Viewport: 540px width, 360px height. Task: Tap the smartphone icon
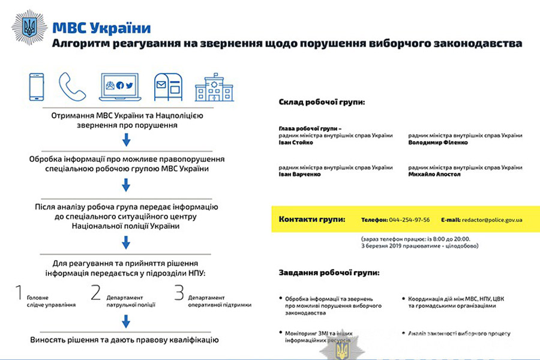pyautogui.click(x=37, y=87)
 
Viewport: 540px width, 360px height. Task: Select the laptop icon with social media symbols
pyautogui.click(x=119, y=88)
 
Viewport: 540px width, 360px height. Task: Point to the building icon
pyautogui.click(x=214, y=88)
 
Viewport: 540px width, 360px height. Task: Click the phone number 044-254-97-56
pyautogui.click(x=410, y=220)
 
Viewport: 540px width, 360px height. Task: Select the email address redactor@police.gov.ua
pyautogui.click(x=491, y=220)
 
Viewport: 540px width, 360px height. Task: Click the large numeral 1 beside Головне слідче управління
pyautogui.click(x=19, y=292)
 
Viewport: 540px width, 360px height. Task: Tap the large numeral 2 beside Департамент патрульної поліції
pyautogui.click(x=96, y=292)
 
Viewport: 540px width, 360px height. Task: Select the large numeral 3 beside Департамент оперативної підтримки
pyautogui.click(x=178, y=292)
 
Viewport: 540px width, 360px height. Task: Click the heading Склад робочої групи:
pyautogui.click(x=322, y=102)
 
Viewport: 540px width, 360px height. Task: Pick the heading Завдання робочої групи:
pyautogui.click(x=329, y=272)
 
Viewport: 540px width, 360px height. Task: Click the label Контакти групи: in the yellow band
pyautogui.click(x=312, y=219)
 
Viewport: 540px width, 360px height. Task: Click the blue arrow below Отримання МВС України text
pyautogui.click(x=126, y=140)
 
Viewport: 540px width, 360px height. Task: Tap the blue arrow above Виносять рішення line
pyautogui.click(x=126, y=322)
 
